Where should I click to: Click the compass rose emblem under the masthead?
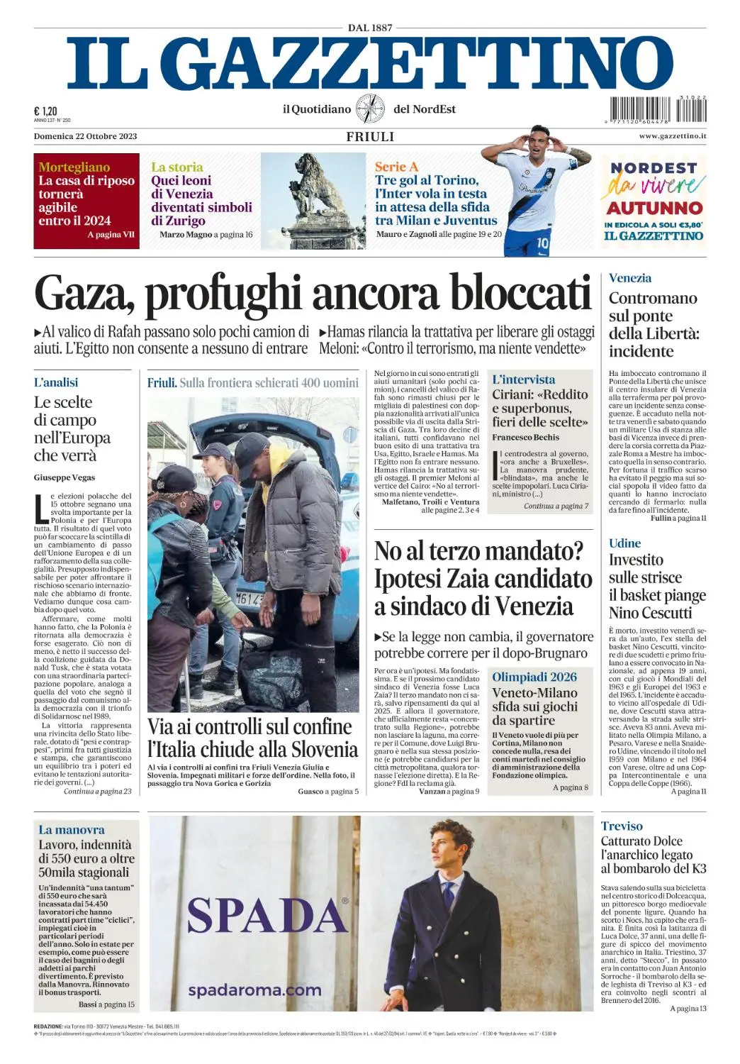(x=370, y=109)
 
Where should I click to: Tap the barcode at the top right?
(x=656, y=111)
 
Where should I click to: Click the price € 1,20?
(x=45, y=111)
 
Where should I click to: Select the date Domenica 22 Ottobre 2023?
(x=85, y=136)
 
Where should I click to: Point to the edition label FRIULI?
(x=370, y=136)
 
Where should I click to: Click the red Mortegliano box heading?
(x=74, y=167)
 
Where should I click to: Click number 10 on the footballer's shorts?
(x=542, y=243)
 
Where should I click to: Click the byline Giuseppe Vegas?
(x=65, y=477)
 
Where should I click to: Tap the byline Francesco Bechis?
(x=526, y=437)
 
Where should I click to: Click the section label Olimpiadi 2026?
(x=534, y=677)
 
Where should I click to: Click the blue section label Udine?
(x=624, y=543)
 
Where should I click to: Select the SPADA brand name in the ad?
(x=267, y=915)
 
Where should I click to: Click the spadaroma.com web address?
(x=254, y=990)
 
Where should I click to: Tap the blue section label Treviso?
(x=622, y=826)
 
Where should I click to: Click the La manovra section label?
(x=72, y=829)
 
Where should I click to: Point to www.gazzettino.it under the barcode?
(x=672, y=136)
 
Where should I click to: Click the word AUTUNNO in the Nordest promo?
(x=654, y=208)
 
